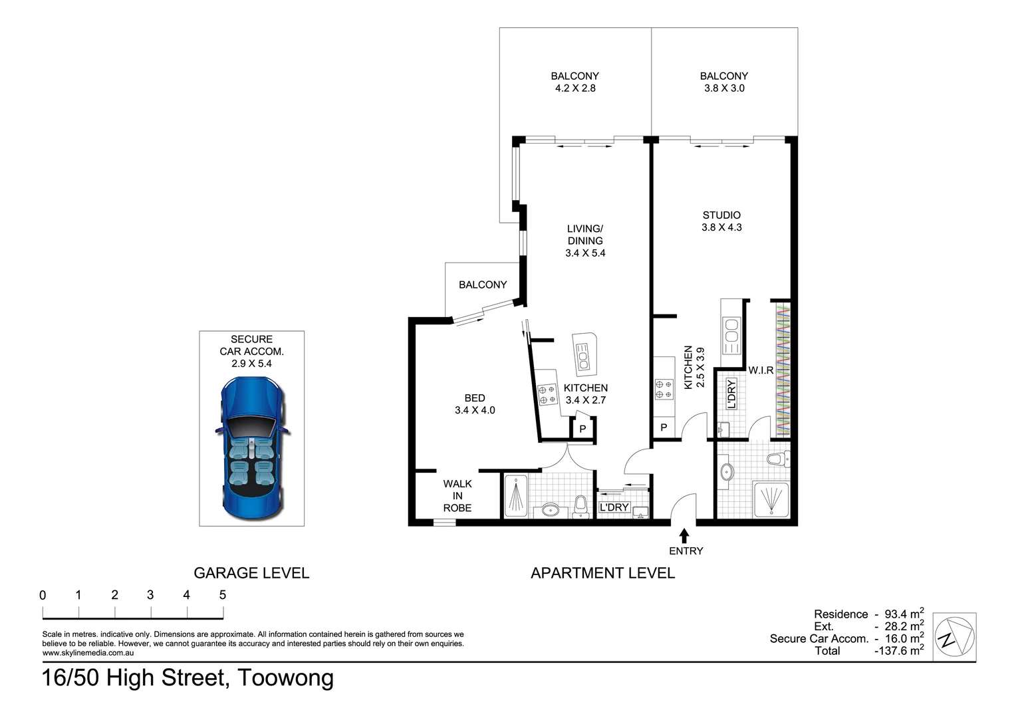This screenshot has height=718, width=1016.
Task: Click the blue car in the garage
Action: pyautogui.click(x=252, y=447)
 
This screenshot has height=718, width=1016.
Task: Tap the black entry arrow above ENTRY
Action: pyautogui.click(x=684, y=535)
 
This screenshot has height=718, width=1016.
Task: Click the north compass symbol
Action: pyautogui.click(x=954, y=636)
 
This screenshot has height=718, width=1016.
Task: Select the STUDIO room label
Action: pyautogui.click(x=721, y=215)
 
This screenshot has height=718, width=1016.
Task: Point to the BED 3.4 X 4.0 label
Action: pyautogui.click(x=475, y=404)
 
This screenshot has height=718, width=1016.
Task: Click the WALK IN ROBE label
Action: pyautogui.click(x=457, y=496)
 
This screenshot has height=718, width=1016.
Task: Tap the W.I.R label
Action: pyautogui.click(x=761, y=370)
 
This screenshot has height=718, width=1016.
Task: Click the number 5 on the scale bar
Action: pyautogui.click(x=223, y=595)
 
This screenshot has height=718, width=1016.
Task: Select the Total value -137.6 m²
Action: pyautogui.click(x=899, y=651)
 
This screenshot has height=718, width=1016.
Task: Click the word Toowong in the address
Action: pyautogui.click(x=286, y=678)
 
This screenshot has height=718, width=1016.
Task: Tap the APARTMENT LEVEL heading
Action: pyautogui.click(x=602, y=573)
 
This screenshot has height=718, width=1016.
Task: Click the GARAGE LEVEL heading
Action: pyautogui.click(x=251, y=573)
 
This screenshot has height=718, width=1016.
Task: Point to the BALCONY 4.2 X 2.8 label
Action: pyautogui.click(x=575, y=82)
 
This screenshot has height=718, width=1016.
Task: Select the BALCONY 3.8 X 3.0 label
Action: pyautogui.click(x=724, y=82)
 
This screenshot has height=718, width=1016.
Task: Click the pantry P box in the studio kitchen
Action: pyautogui.click(x=664, y=428)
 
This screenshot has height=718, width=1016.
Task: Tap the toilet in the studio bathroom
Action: pyautogui.click(x=776, y=459)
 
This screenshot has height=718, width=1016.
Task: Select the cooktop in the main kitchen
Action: pyautogui.click(x=547, y=394)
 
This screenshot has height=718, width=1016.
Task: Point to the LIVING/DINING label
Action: pyautogui.click(x=585, y=241)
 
